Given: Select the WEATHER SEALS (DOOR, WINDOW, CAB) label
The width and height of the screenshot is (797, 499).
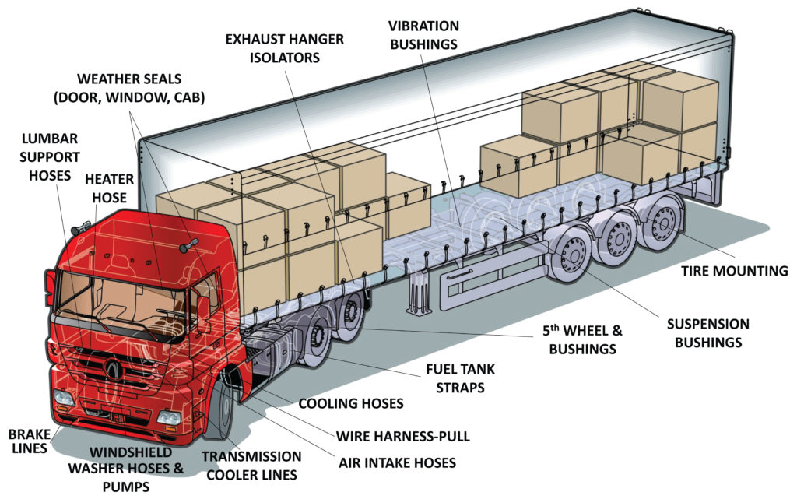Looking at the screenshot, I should coord(141,88).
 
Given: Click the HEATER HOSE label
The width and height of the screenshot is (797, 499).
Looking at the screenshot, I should coord(109,188).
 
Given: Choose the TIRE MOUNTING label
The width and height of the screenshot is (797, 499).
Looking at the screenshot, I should coord(735,271).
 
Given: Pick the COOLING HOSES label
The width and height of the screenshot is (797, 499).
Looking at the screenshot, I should coord(351,403).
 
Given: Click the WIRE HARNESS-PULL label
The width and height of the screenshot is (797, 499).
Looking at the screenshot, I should coord(403,436).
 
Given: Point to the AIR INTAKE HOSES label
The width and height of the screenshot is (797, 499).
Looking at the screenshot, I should coord(397,462).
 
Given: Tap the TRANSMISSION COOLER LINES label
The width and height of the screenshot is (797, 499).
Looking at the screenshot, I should coord(251,465).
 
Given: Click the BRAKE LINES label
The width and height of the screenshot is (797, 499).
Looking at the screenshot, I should coord(28,441).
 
